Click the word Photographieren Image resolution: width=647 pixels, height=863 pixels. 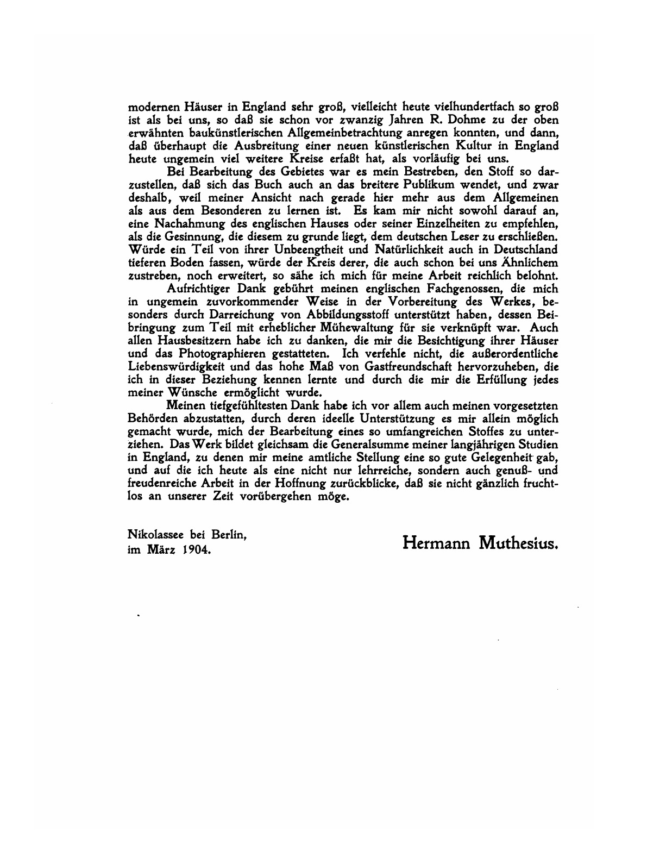212,355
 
